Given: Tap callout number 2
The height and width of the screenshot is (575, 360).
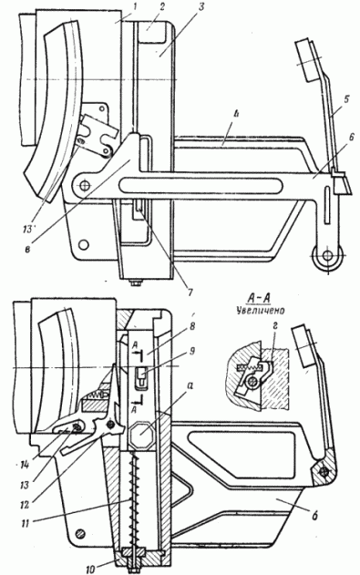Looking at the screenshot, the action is (163, 6).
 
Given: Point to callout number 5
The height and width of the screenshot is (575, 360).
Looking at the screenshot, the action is (347, 98).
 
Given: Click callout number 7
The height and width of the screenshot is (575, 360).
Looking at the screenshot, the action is (190, 293).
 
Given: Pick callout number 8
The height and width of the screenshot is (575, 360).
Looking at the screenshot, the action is (203, 325).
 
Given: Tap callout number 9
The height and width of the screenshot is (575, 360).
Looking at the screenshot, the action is (203, 351).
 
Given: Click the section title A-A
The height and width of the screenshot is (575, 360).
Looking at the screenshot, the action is (258, 299).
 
